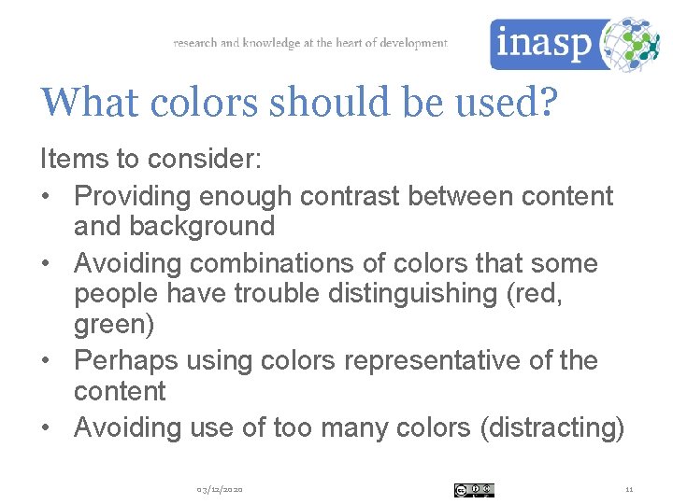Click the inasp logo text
pyautogui.click(x=542, y=44)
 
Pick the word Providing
pyautogui.click(x=136, y=196)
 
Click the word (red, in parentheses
pyautogui.click(x=539, y=293)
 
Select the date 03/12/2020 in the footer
pyautogui.click(x=220, y=490)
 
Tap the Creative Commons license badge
pyautogui.click(x=474, y=490)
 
